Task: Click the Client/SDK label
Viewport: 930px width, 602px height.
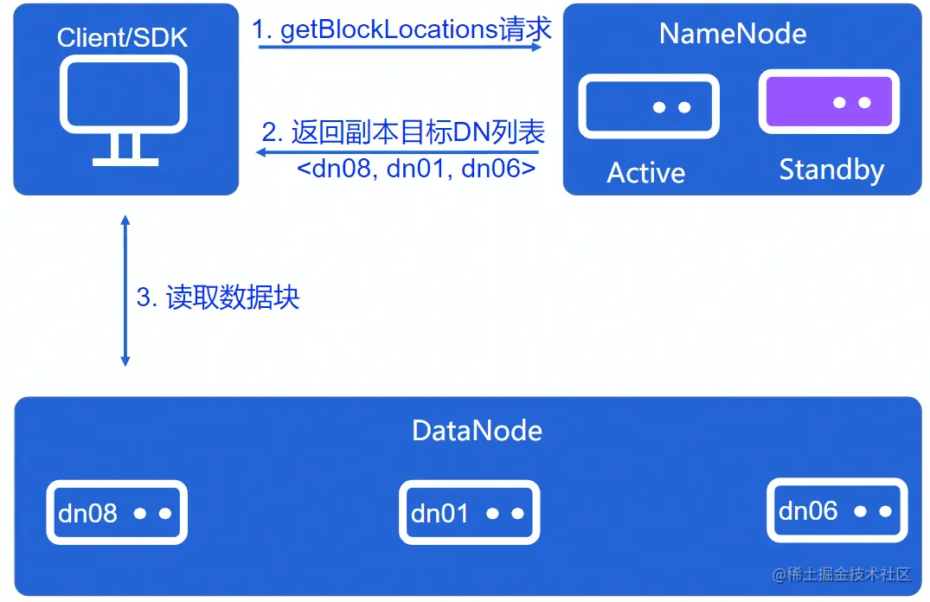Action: [122, 38]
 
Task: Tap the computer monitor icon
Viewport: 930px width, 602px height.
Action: [123, 95]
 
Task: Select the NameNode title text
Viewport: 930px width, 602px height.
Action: [733, 34]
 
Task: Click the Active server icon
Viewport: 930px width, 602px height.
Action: [649, 107]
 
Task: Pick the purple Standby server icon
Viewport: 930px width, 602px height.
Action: [829, 102]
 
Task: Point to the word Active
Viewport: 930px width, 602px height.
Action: [645, 173]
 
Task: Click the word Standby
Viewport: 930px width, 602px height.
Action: [831, 170]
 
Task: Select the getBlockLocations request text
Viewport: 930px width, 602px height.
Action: [401, 29]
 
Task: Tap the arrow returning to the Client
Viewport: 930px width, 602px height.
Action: [398, 152]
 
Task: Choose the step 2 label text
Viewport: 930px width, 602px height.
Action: [403, 132]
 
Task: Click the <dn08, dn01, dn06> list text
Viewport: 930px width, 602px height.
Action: [416, 169]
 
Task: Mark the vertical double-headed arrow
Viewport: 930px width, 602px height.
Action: [125, 291]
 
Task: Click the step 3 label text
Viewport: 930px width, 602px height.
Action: [218, 298]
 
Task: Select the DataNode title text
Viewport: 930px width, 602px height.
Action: [477, 431]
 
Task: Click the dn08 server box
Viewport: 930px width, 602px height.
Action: [117, 513]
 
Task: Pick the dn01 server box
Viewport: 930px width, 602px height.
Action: [470, 513]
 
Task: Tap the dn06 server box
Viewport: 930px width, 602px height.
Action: [837, 510]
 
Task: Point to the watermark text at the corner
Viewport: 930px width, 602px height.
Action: [842, 574]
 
